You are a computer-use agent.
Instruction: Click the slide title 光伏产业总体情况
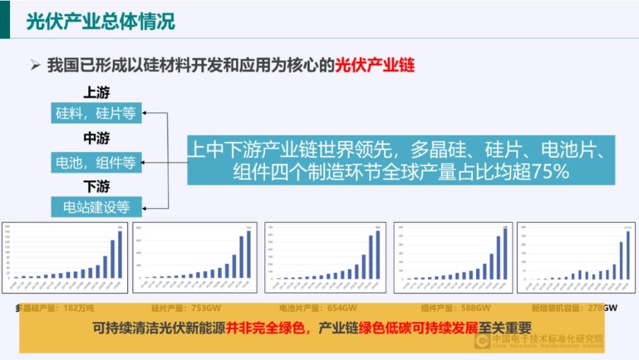(x=100, y=21)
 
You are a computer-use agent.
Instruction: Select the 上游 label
(x=96, y=93)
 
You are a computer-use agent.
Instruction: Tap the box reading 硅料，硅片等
(x=96, y=113)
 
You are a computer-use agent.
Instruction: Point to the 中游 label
(x=96, y=139)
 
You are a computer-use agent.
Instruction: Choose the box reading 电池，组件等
(x=96, y=162)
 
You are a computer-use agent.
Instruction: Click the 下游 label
(x=96, y=186)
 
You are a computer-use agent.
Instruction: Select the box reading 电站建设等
(x=96, y=207)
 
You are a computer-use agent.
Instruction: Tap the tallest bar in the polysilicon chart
(x=120, y=254)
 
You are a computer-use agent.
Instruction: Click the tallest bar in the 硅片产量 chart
(x=249, y=254)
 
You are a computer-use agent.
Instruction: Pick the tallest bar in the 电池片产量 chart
(x=378, y=254)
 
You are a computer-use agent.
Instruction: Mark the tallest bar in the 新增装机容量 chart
(x=628, y=255)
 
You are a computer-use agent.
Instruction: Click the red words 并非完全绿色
(x=266, y=328)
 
